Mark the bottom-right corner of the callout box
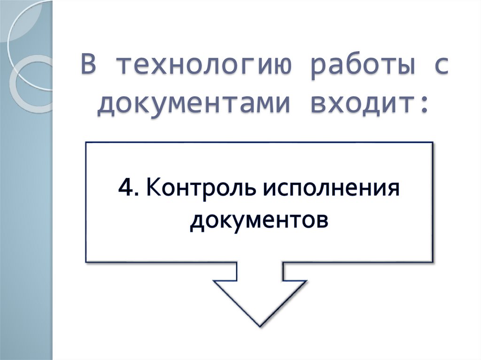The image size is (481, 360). point(432,261)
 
